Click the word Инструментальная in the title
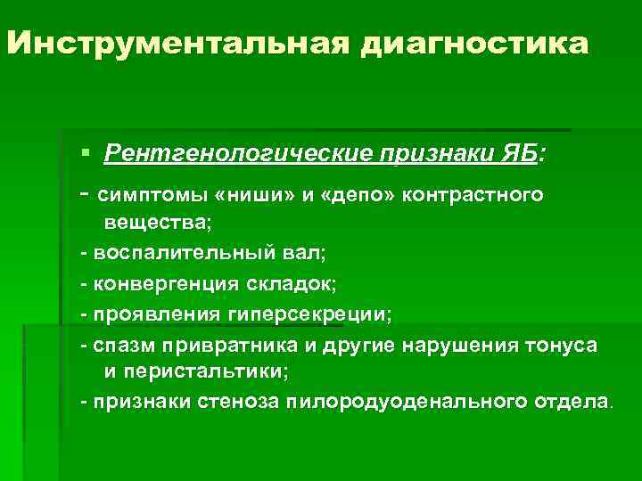pyautogui.click(x=178, y=45)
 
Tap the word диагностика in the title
pyautogui.click(x=475, y=45)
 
